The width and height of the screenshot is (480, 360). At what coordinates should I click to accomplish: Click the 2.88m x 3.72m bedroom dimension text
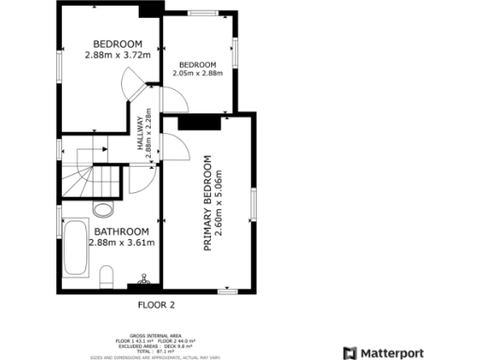tap(117, 54)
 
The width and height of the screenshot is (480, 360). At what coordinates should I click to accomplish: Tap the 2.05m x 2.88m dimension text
tap(198, 73)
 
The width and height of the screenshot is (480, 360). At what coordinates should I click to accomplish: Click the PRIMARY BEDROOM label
tap(208, 201)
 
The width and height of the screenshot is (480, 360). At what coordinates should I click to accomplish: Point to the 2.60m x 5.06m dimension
tap(218, 201)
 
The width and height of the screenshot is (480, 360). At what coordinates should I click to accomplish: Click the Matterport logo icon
tap(349, 352)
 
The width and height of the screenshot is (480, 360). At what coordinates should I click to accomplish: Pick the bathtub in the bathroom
tap(76, 250)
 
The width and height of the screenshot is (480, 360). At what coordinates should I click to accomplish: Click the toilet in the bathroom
tap(106, 275)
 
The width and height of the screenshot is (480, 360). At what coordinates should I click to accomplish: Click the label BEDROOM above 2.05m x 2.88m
tap(198, 64)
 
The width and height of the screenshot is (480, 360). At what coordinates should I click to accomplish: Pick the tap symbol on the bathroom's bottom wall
tap(143, 280)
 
